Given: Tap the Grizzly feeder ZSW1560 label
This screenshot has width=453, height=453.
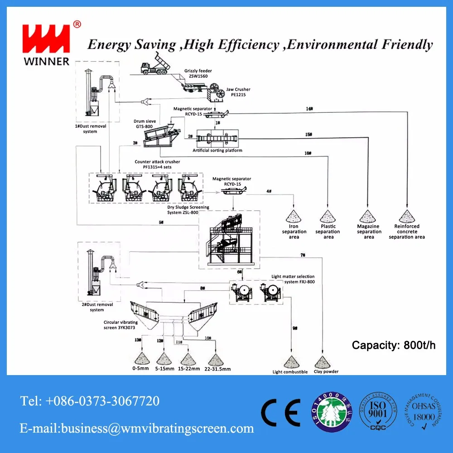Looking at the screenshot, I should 198,73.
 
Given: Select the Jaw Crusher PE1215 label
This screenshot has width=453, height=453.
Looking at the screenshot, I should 239,92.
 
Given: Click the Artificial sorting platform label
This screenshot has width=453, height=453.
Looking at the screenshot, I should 217,150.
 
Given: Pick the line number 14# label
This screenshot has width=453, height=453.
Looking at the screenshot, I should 309,109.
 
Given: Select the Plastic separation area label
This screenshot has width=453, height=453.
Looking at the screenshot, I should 328,231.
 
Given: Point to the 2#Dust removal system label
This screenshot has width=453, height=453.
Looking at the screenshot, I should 96,307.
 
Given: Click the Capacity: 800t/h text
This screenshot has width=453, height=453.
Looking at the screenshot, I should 393,345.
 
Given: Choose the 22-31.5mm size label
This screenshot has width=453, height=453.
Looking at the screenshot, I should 217,369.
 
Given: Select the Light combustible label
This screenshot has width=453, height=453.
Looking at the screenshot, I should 290,372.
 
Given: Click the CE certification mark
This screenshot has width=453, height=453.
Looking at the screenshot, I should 280,411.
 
